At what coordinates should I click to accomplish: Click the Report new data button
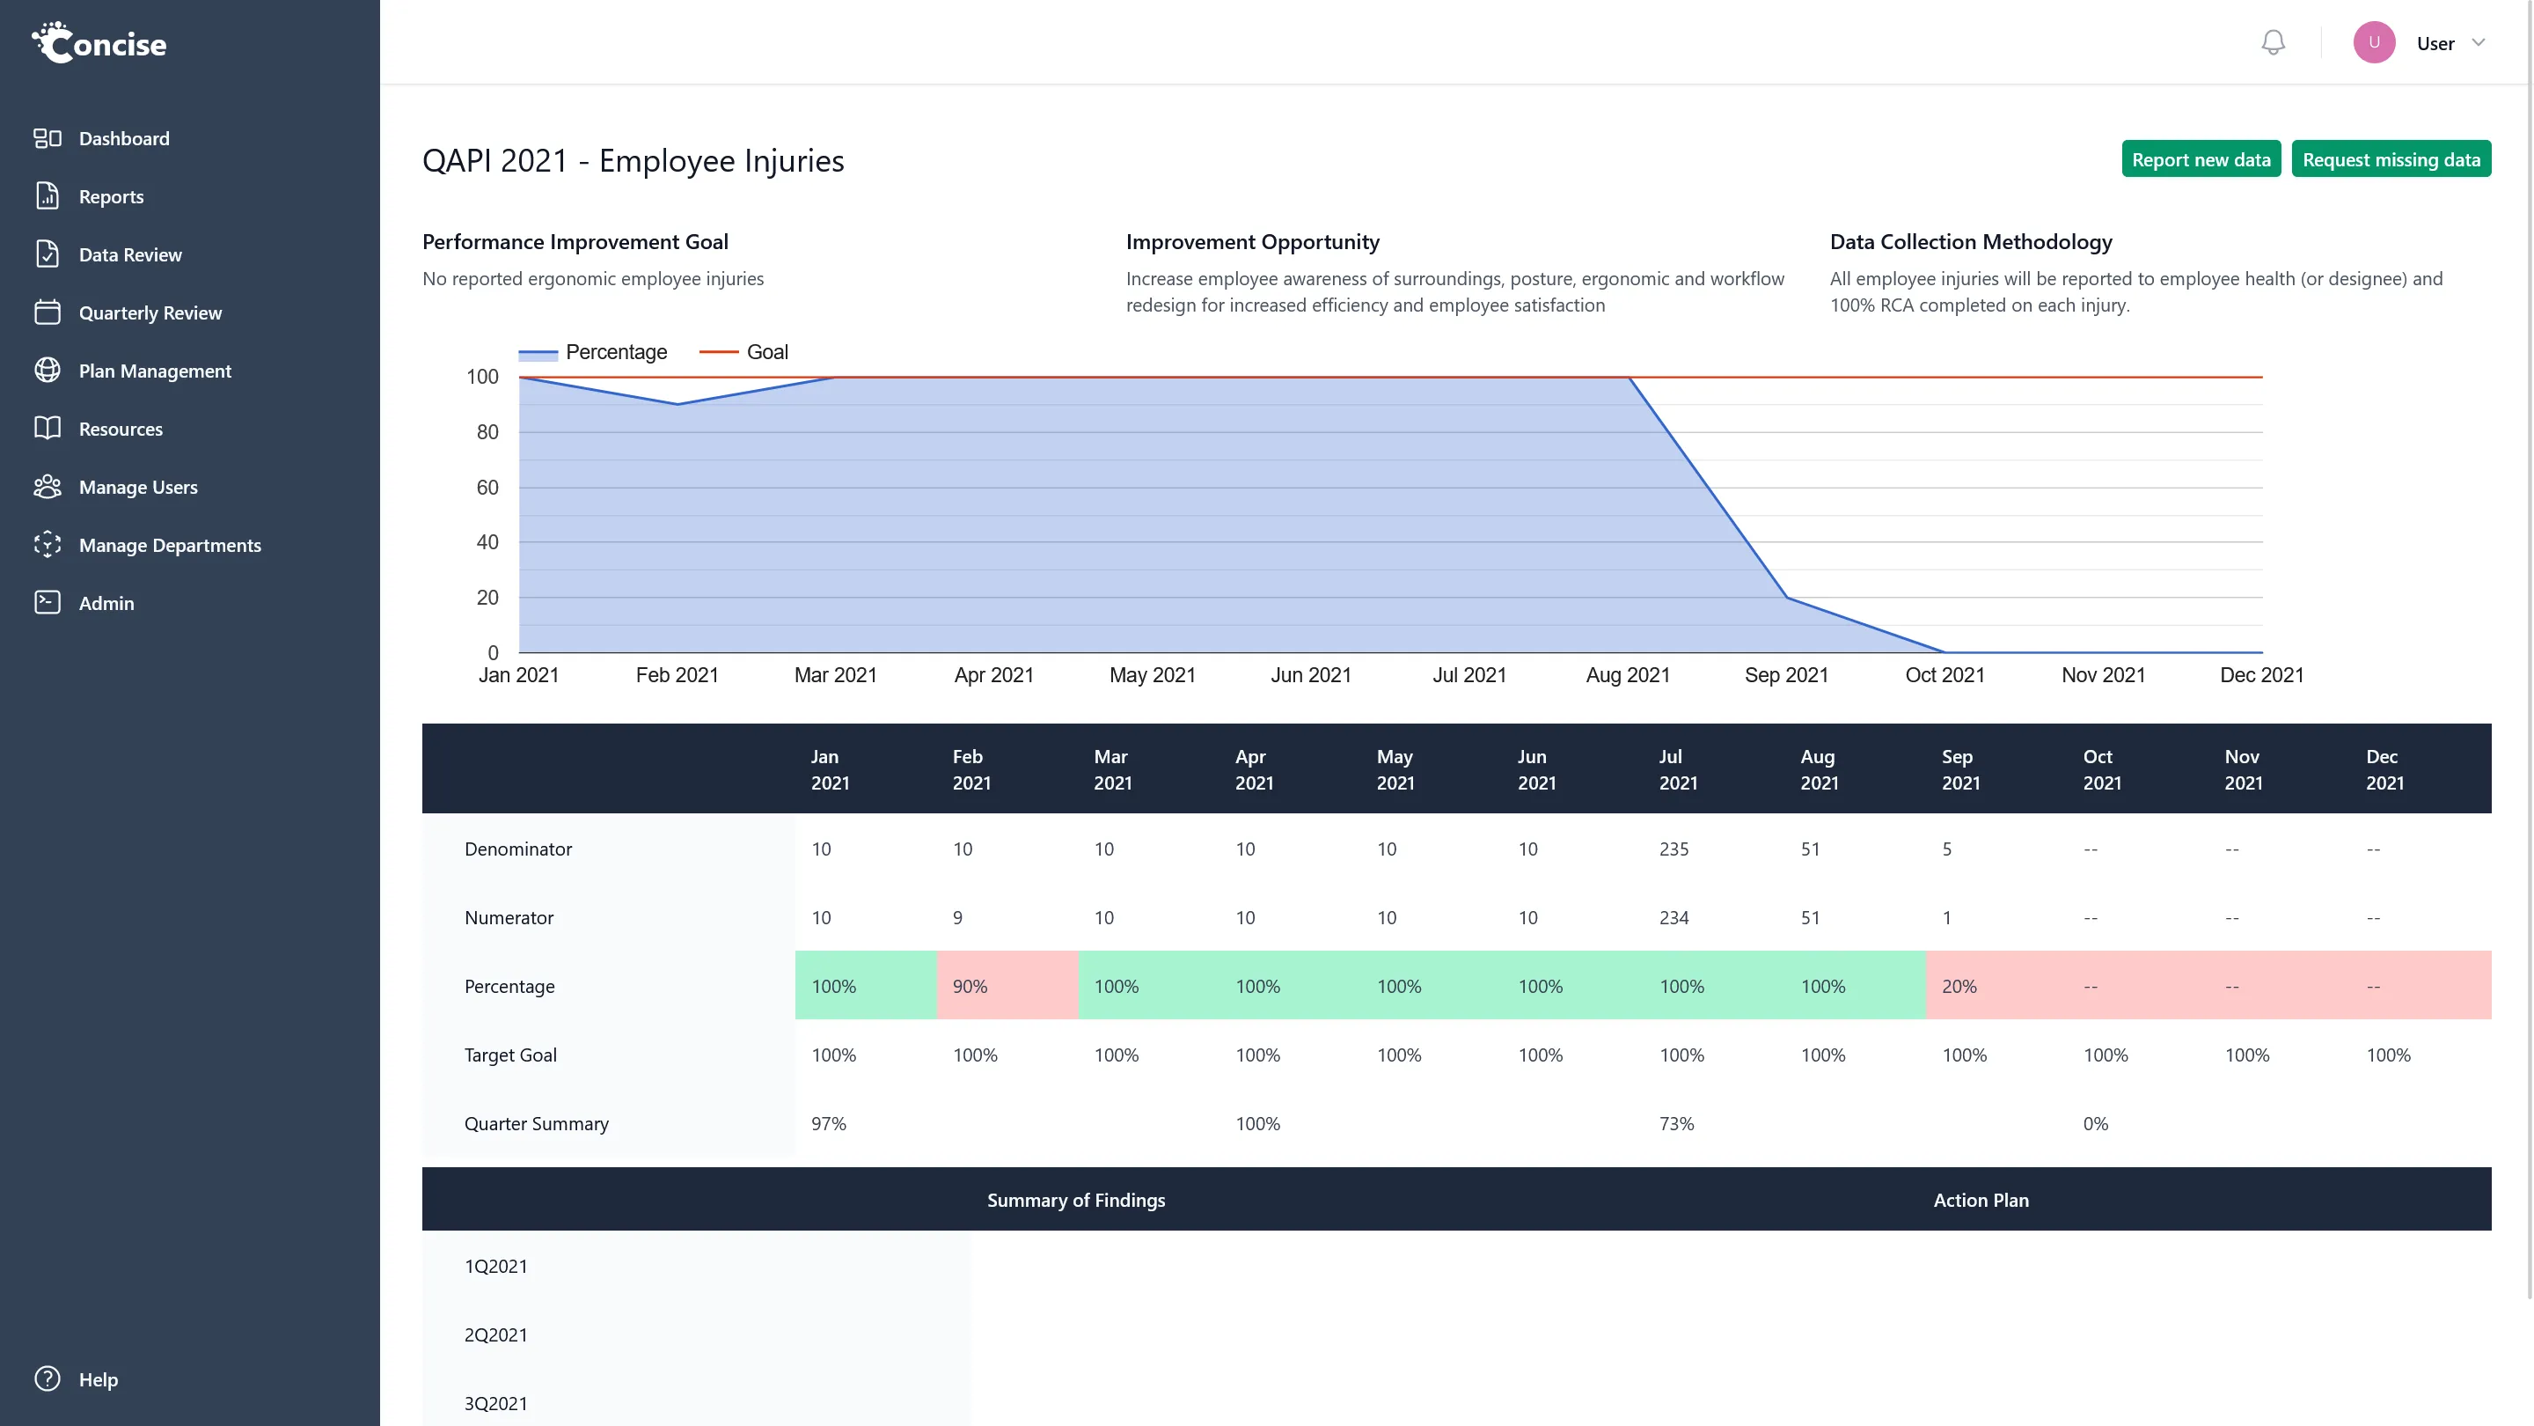[2201, 159]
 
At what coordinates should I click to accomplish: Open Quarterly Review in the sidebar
[150, 313]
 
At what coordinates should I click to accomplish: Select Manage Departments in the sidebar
[169, 545]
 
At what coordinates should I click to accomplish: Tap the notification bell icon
[2273, 42]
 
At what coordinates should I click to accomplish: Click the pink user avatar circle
[2374, 42]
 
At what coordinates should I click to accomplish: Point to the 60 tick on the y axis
[487, 487]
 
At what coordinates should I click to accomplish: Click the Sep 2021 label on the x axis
[1785, 675]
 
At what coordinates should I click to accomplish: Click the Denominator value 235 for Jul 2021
[1673, 849]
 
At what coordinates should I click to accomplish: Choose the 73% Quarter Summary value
[1676, 1124]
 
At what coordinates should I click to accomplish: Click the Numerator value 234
[1673, 918]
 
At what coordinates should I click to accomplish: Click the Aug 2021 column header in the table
[1819, 769]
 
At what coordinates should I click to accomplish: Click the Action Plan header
[1981, 1200]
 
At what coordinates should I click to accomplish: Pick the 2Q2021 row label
[495, 1335]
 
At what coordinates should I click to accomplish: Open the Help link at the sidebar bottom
[98, 1379]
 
